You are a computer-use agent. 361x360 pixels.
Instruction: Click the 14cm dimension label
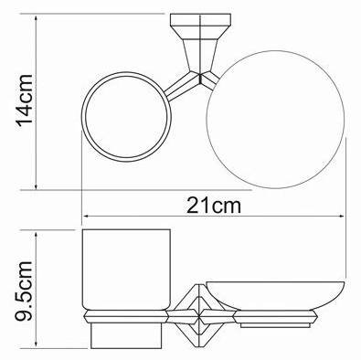(x=25, y=101)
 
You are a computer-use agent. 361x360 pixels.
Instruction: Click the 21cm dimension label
(x=214, y=206)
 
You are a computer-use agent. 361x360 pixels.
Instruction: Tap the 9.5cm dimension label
(x=24, y=291)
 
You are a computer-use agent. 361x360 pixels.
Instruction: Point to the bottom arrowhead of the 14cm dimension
(x=37, y=186)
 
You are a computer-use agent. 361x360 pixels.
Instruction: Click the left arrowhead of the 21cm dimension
(x=86, y=217)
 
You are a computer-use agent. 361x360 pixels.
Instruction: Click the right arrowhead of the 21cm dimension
(x=343, y=217)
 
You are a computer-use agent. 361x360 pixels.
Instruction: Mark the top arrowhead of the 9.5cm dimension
(x=37, y=234)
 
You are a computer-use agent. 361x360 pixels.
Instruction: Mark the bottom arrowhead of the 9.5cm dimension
(x=37, y=344)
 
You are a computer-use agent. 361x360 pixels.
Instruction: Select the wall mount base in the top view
(x=200, y=22)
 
